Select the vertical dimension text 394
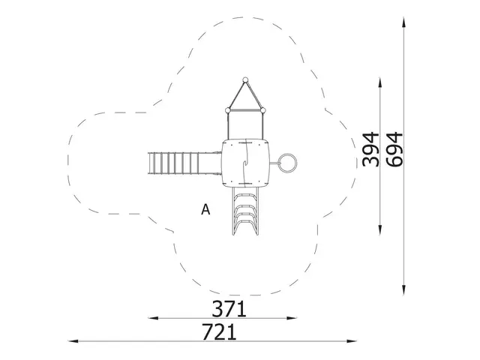370,151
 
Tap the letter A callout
205,210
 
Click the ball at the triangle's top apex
245,79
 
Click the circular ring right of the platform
288,162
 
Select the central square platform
245,162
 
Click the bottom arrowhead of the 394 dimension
382,232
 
